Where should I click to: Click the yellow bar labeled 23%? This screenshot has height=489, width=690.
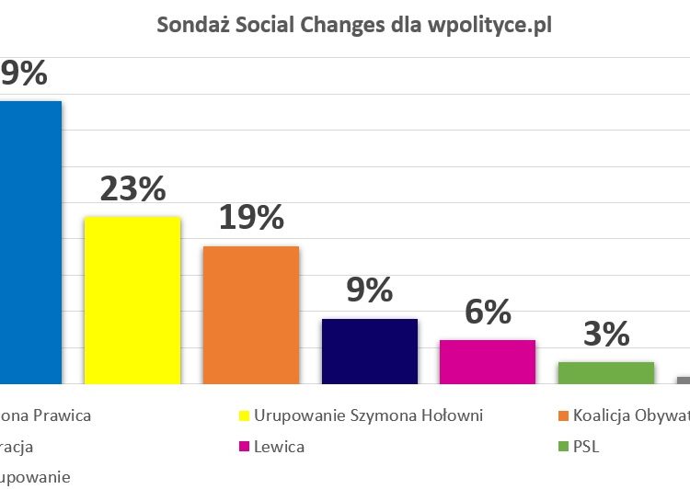pos(132,300)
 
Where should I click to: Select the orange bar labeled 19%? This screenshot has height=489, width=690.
pos(250,314)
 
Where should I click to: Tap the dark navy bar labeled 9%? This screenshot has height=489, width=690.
pos(369,350)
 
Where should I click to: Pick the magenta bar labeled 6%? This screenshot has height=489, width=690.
pos(487,361)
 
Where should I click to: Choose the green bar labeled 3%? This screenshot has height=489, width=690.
pos(605,372)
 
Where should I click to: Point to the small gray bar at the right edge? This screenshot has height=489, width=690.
pos(684,380)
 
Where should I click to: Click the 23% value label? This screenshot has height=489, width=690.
pos(132,189)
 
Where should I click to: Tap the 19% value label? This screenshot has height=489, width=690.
pos(250,219)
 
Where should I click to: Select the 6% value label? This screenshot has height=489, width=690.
pos(487,313)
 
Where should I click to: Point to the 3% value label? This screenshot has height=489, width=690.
pos(605,335)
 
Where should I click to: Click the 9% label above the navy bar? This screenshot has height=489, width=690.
pos(369,291)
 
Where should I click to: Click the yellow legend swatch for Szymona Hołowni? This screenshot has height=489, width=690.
pos(244,415)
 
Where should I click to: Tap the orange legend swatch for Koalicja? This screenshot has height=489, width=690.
pos(564,415)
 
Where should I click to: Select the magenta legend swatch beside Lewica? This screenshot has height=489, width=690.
pos(244,448)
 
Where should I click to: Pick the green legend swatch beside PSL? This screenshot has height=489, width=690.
pos(564,448)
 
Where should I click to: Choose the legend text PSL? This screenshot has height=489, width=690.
pos(587,448)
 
